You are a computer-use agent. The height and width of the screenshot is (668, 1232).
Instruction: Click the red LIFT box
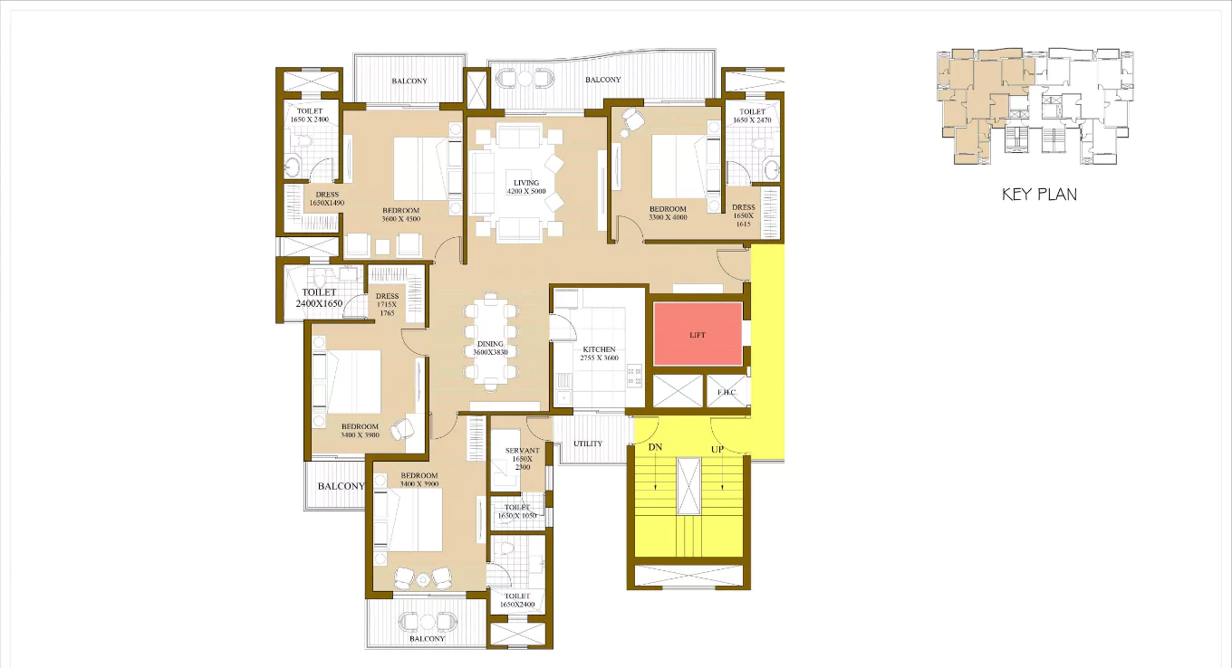[x=698, y=334]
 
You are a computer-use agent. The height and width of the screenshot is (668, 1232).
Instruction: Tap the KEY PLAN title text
[x=1039, y=194]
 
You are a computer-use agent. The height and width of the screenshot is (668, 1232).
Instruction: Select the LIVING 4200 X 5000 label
[x=525, y=187]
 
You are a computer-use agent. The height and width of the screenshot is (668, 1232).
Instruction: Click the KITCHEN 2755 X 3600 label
[x=599, y=354]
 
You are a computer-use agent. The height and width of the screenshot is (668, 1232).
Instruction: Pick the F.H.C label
[x=727, y=393]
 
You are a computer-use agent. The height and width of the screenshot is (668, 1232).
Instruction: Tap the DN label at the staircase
[x=655, y=447]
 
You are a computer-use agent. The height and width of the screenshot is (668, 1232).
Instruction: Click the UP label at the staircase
[x=717, y=447]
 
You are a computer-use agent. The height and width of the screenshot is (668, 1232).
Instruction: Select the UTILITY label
[x=588, y=444]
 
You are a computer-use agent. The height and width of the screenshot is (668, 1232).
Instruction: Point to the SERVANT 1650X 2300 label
[x=522, y=458]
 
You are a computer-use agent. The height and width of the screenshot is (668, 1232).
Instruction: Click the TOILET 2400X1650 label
[x=319, y=299]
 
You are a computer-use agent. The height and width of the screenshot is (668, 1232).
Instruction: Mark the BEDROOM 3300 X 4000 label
[x=668, y=214]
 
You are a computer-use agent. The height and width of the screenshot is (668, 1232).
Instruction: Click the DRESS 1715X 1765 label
[x=387, y=304]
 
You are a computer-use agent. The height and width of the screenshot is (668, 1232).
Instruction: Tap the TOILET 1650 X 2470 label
[x=752, y=116]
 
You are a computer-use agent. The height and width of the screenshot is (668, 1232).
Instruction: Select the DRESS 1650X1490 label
[x=327, y=199]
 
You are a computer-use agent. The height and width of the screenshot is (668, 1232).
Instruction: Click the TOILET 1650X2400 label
[x=517, y=600]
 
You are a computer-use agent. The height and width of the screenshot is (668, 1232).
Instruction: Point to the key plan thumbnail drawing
[x=1035, y=107]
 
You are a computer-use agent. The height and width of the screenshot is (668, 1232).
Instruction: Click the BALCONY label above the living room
[x=602, y=80]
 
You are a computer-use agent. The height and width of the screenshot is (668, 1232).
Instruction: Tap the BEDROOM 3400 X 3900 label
[x=419, y=480]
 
